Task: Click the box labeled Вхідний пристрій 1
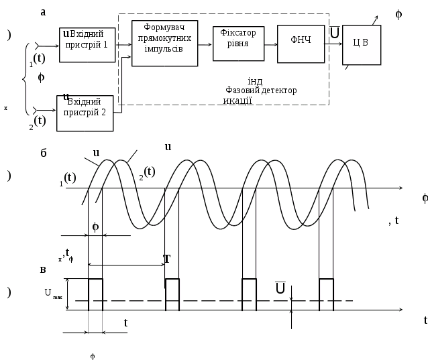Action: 87,45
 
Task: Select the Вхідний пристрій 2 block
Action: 85,112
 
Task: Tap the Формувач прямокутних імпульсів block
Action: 165,42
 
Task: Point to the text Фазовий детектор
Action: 262,91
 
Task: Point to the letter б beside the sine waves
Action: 44,154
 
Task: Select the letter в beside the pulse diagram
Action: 44,270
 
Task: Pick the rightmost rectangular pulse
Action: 326,294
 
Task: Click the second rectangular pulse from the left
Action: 172,294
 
